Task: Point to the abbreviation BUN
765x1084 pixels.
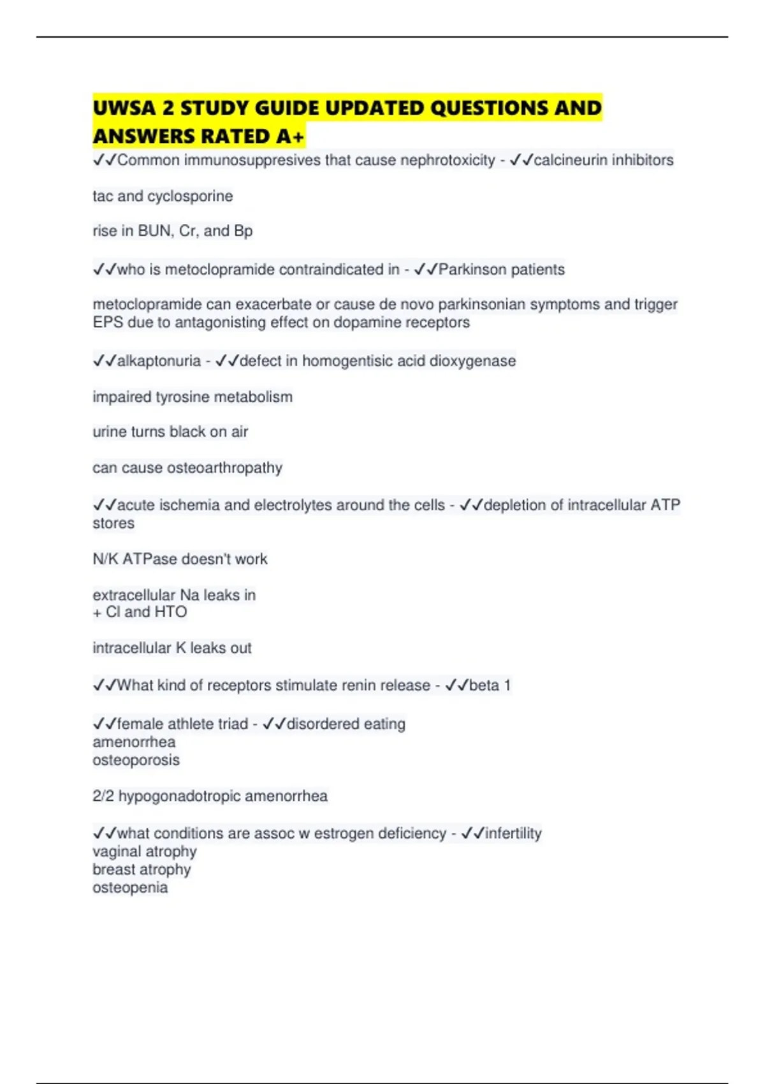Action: click(154, 231)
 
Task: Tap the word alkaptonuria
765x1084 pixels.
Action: click(159, 361)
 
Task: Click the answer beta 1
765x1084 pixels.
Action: click(490, 685)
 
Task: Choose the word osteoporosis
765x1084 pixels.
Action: click(136, 760)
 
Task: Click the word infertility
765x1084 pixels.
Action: click(513, 833)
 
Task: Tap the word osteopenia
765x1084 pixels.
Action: click(130, 888)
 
